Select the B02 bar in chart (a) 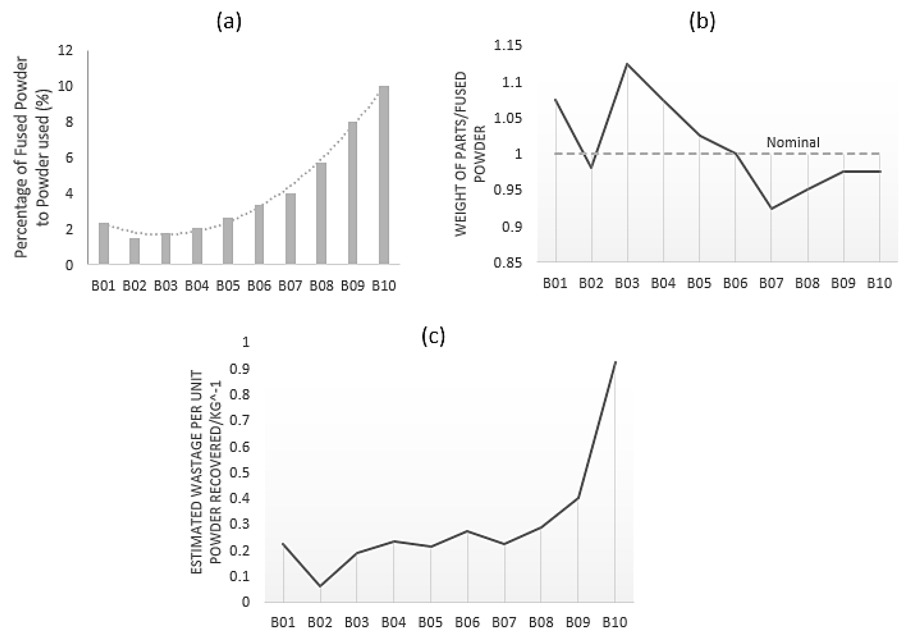click(134, 251)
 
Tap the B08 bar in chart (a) click(321, 213)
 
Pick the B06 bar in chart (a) click(259, 234)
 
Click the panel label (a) click(229, 22)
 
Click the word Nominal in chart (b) click(792, 142)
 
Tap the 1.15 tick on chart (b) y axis click(508, 46)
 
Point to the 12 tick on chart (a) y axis click(66, 50)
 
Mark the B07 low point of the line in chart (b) click(771, 208)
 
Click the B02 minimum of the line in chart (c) click(320, 586)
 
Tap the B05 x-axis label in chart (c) click(431, 622)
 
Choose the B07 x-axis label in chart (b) click(771, 283)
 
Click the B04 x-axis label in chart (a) click(197, 285)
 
